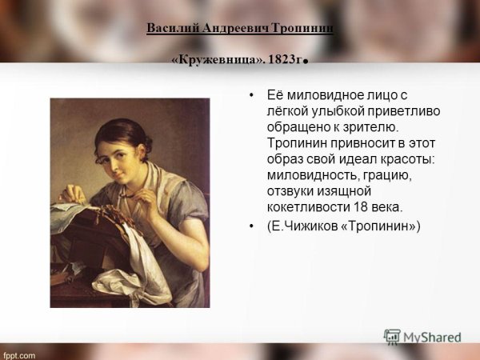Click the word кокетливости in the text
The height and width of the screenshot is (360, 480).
[x=306, y=206]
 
